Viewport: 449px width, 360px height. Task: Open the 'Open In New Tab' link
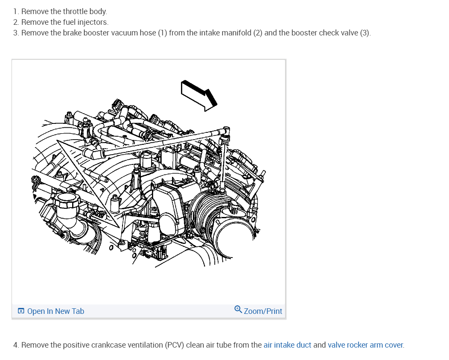[x=55, y=311]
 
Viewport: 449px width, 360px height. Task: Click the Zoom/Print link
[x=263, y=311]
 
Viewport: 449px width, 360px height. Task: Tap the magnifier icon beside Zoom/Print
[x=238, y=310]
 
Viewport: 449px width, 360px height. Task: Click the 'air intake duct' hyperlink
[x=287, y=345]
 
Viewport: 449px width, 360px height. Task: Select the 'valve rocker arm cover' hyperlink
[x=365, y=345]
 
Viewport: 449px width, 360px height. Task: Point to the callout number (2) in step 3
[x=257, y=33]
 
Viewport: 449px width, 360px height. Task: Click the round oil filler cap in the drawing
[x=65, y=200]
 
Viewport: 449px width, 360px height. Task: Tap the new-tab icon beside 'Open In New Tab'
[x=21, y=311]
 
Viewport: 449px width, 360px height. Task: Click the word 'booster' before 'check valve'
[x=304, y=33]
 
